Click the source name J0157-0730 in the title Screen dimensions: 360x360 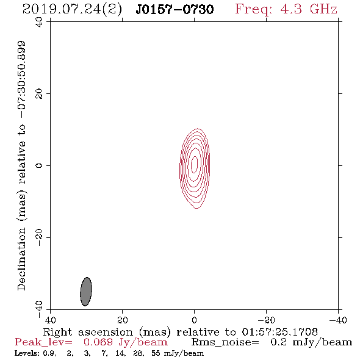[x=175, y=9]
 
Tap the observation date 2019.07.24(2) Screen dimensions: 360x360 [x=72, y=10]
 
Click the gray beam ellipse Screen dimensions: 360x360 [x=86, y=292]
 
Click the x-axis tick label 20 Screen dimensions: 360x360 [x=122, y=320]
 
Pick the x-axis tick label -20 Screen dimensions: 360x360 [x=266, y=320]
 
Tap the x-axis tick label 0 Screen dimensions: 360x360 [x=194, y=320]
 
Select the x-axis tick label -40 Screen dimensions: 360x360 [x=338, y=320]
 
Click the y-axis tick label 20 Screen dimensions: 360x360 [x=39, y=94]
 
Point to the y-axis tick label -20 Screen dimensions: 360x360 [x=39, y=237]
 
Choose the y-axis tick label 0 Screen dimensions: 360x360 [x=39, y=165]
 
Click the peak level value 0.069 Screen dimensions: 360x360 [x=98, y=342]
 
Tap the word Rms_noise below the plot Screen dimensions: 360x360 [x=225, y=342]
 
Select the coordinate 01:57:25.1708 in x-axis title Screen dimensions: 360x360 [x=279, y=332]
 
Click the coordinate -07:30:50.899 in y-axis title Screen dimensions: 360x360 [x=22, y=80]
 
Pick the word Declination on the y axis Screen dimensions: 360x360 [x=21, y=259]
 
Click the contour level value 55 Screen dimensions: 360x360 [x=156, y=353]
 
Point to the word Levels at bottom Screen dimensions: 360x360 [x=23, y=353]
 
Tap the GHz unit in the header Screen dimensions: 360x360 [x=323, y=9]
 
